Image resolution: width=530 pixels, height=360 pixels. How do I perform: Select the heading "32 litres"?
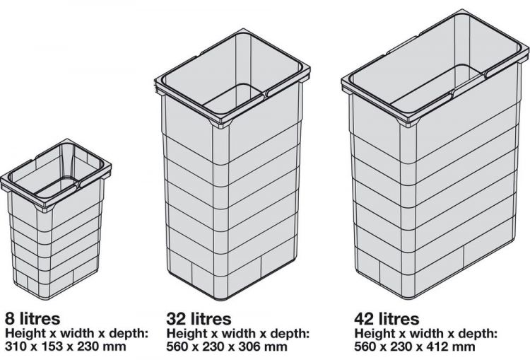pos(199,319)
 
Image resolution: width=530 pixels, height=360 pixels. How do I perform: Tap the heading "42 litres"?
pos(387,319)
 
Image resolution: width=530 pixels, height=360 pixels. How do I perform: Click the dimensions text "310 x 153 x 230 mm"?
pos(66,347)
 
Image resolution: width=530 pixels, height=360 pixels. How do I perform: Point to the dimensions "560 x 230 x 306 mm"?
pos(227,347)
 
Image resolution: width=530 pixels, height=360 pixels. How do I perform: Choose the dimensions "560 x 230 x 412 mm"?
pos(416,347)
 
